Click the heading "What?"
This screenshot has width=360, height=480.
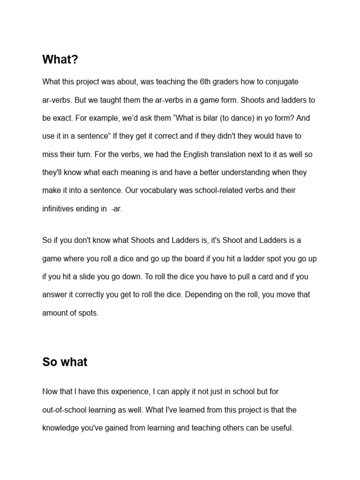point(60,60)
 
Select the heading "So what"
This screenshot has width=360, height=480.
point(65,362)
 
